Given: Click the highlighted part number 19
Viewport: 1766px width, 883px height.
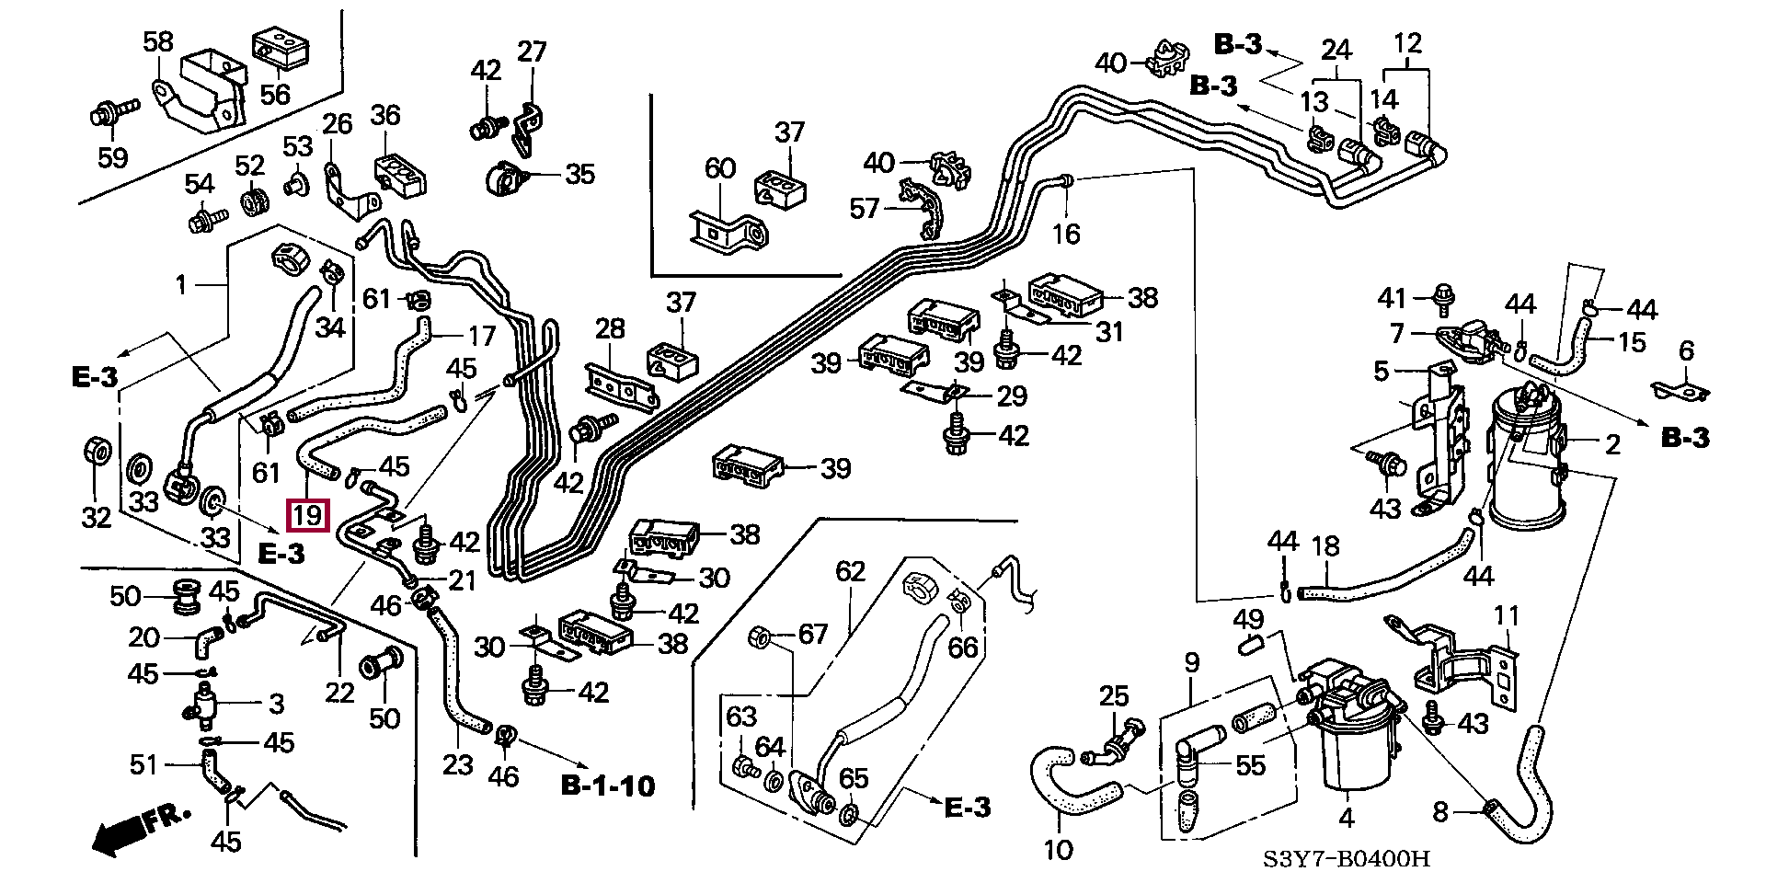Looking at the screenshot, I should tap(307, 514).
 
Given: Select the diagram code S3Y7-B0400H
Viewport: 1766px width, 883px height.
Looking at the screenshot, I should tap(1347, 859).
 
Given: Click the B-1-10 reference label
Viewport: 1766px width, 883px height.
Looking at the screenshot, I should tap(608, 786).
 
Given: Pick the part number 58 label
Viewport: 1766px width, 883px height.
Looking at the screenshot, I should tap(158, 41).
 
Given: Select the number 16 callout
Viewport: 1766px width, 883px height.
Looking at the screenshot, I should tap(1066, 234).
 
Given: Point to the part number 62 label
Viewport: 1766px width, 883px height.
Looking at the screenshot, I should tap(850, 571).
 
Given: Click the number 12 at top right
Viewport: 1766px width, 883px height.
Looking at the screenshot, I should tap(1407, 43).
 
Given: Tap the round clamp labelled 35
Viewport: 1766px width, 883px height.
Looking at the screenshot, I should tap(505, 177).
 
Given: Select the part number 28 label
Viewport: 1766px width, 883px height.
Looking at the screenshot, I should tap(610, 328).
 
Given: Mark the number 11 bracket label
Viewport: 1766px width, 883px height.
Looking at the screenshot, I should tap(1507, 614).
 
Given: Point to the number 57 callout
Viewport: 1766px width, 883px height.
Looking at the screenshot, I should tap(864, 209).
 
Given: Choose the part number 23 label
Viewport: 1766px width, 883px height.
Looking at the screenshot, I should tap(457, 764).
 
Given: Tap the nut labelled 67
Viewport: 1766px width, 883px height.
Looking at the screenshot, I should tap(761, 636).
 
